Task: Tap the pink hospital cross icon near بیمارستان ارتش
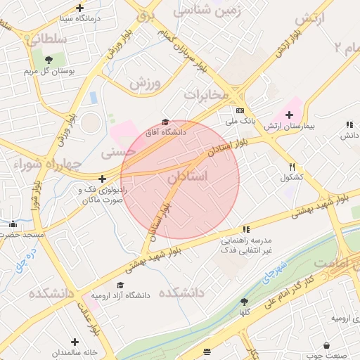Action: pos(288,115)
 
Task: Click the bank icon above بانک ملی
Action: pos(240,111)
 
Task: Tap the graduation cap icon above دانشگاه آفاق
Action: pos(165,122)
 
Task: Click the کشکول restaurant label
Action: pos(291,177)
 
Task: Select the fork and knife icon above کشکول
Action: pos(292,167)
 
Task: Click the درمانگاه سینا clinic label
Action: pos(79,18)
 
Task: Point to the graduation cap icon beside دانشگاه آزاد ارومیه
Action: pos(120,285)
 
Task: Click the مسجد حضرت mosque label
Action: pos(22,233)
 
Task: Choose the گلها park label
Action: pos(245,311)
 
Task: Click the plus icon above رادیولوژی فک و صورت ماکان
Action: pos(103,179)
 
